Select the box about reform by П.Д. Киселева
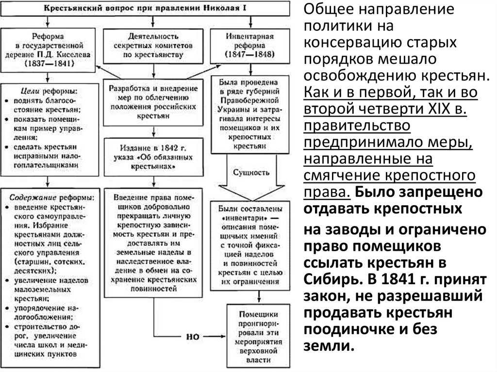pyautogui.click(x=47, y=49)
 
